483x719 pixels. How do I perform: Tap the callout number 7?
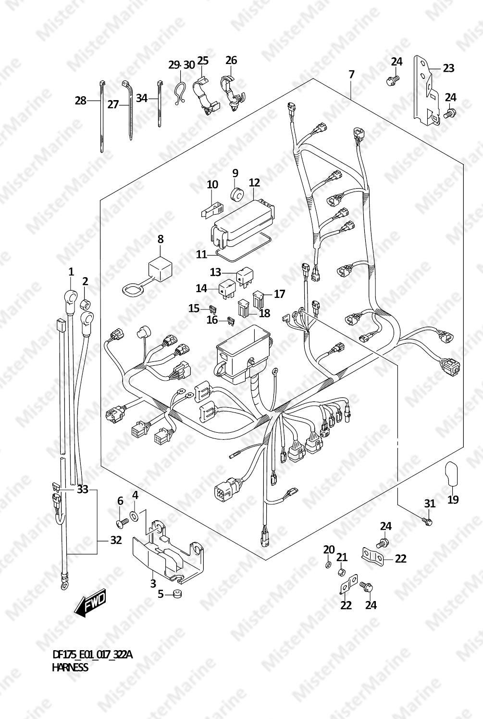click(352, 75)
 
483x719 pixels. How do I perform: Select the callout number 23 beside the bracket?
click(448, 68)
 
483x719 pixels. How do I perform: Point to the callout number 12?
click(254, 183)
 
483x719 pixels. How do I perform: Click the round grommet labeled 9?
click(237, 194)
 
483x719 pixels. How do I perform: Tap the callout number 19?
click(453, 499)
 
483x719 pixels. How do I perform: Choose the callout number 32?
click(116, 540)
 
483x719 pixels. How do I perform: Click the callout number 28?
click(80, 101)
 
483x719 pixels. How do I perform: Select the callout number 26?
click(231, 60)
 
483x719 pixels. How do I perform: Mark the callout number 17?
click(280, 294)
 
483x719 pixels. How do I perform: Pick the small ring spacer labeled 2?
click(85, 302)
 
